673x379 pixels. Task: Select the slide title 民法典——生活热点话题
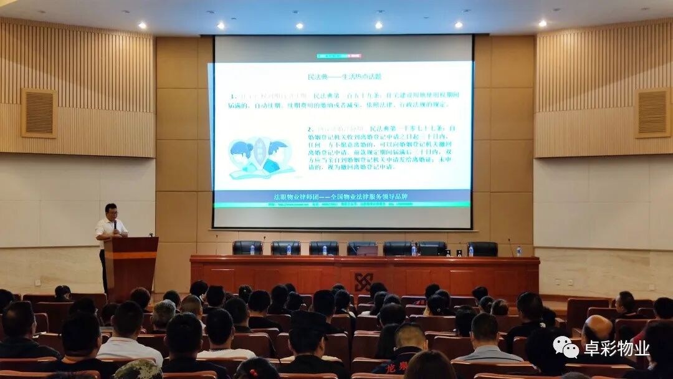tap(344, 76)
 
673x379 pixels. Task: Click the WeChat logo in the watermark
tap(565, 347)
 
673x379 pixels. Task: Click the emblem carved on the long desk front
tap(363, 281)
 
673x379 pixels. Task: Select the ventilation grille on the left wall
tap(39, 113)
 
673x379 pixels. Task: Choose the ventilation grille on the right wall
tap(652, 112)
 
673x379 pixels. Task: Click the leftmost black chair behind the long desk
tap(247, 247)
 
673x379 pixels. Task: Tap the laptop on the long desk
tap(367, 250)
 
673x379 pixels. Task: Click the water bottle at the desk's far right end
tap(518, 251)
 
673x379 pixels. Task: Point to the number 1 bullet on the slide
tap(232, 97)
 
